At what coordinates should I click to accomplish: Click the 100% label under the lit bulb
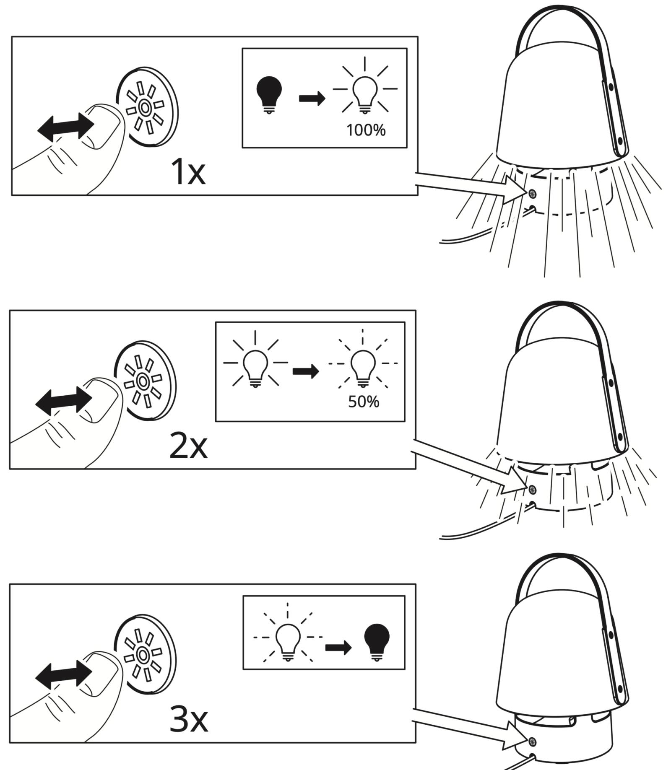[x=366, y=130]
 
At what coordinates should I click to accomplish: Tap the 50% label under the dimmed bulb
[x=364, y=402]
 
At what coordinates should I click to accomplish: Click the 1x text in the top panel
[x=188, y=172]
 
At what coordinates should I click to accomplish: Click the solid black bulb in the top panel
[x=269, y=95]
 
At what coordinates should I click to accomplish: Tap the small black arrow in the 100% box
[x=312, y=99]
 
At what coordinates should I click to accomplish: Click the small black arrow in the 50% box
[x=306, y=371]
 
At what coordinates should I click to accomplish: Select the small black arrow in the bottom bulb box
[x=338, y=647]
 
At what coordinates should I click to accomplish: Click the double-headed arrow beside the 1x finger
[x=66, y=127]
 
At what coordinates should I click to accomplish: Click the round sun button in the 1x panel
[x=147, y=107]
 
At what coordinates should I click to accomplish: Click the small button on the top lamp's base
[x=532, y=194]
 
